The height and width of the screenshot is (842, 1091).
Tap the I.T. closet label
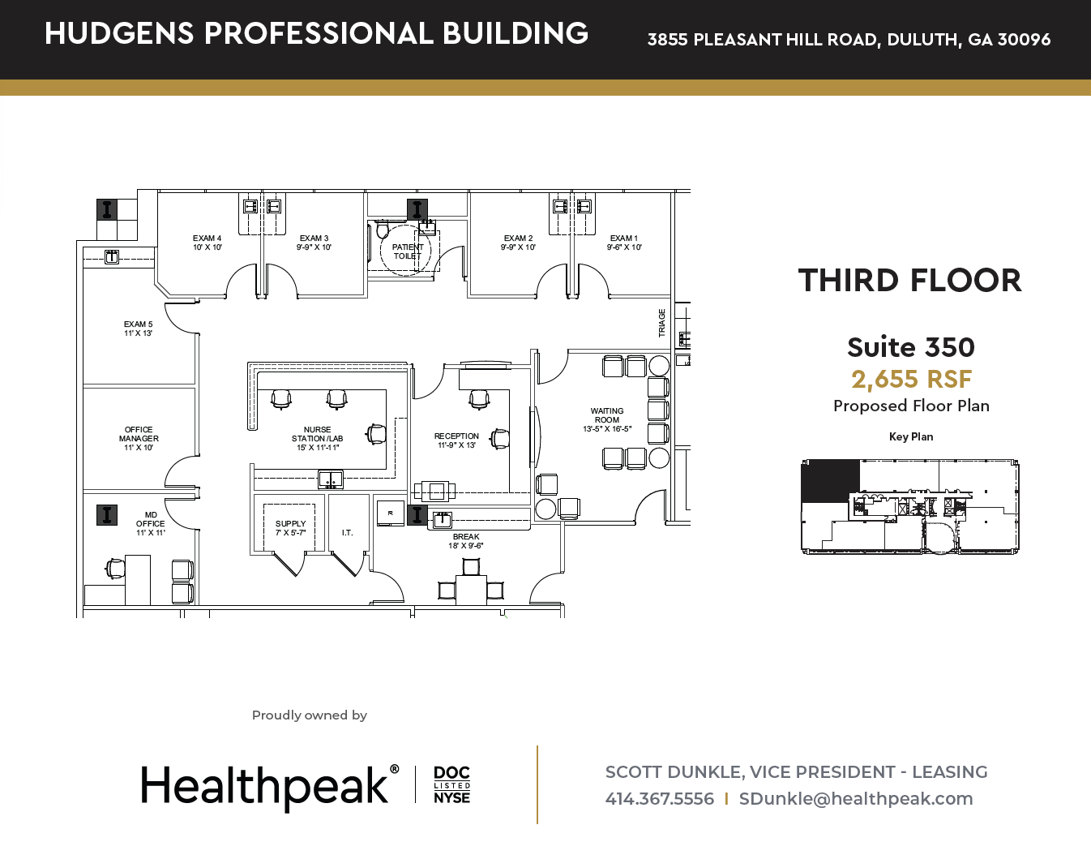347,533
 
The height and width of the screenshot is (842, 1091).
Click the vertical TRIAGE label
662,323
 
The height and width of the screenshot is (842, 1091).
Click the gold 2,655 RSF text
911,379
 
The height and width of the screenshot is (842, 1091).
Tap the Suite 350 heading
911,347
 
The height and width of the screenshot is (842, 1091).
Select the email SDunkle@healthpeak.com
856,798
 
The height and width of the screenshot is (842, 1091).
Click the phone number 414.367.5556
659,798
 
